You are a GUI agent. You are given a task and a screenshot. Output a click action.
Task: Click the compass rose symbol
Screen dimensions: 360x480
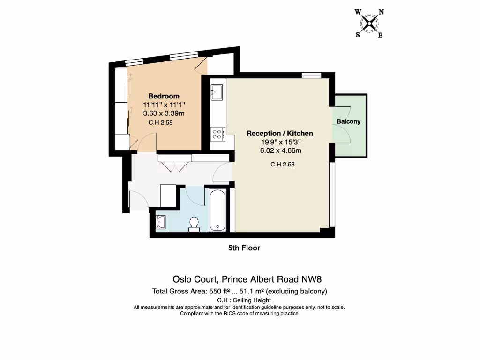click(x=370, y=23)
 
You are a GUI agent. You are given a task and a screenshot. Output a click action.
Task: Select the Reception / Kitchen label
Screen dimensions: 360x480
click(x=279, y=134)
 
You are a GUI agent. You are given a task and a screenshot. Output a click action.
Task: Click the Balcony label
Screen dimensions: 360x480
click(x=348, y=121)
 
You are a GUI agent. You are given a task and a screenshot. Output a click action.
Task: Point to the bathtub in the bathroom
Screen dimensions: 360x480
click(x=217, y=210)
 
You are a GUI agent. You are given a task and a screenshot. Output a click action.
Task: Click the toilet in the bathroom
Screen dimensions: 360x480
click(x=194, y=224)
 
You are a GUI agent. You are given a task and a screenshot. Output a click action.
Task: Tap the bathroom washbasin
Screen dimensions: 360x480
click(x=161, y=222)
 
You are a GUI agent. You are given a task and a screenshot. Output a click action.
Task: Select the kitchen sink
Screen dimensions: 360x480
click(x=217, y=92)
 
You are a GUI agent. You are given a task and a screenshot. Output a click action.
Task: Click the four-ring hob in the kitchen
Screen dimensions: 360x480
click(x=217, y=135)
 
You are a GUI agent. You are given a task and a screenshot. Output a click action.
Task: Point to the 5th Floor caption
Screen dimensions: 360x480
click(x=244, y=247)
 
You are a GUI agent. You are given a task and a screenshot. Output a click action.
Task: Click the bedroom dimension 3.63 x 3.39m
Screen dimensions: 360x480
click(x=164, y=113)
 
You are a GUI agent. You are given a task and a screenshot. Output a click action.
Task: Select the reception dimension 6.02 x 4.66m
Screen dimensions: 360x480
click(x=280, y=150)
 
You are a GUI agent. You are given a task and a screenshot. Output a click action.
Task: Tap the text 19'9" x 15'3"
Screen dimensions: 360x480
click(x=280, y=142)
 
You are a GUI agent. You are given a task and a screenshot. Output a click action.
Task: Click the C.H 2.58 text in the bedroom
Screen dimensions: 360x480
click(x=161, y=123)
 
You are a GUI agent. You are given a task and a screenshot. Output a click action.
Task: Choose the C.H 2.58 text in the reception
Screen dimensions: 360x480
click(x=283, y=165)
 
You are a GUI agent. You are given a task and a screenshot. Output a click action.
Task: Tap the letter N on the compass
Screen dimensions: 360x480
click(x=381, y=12)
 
